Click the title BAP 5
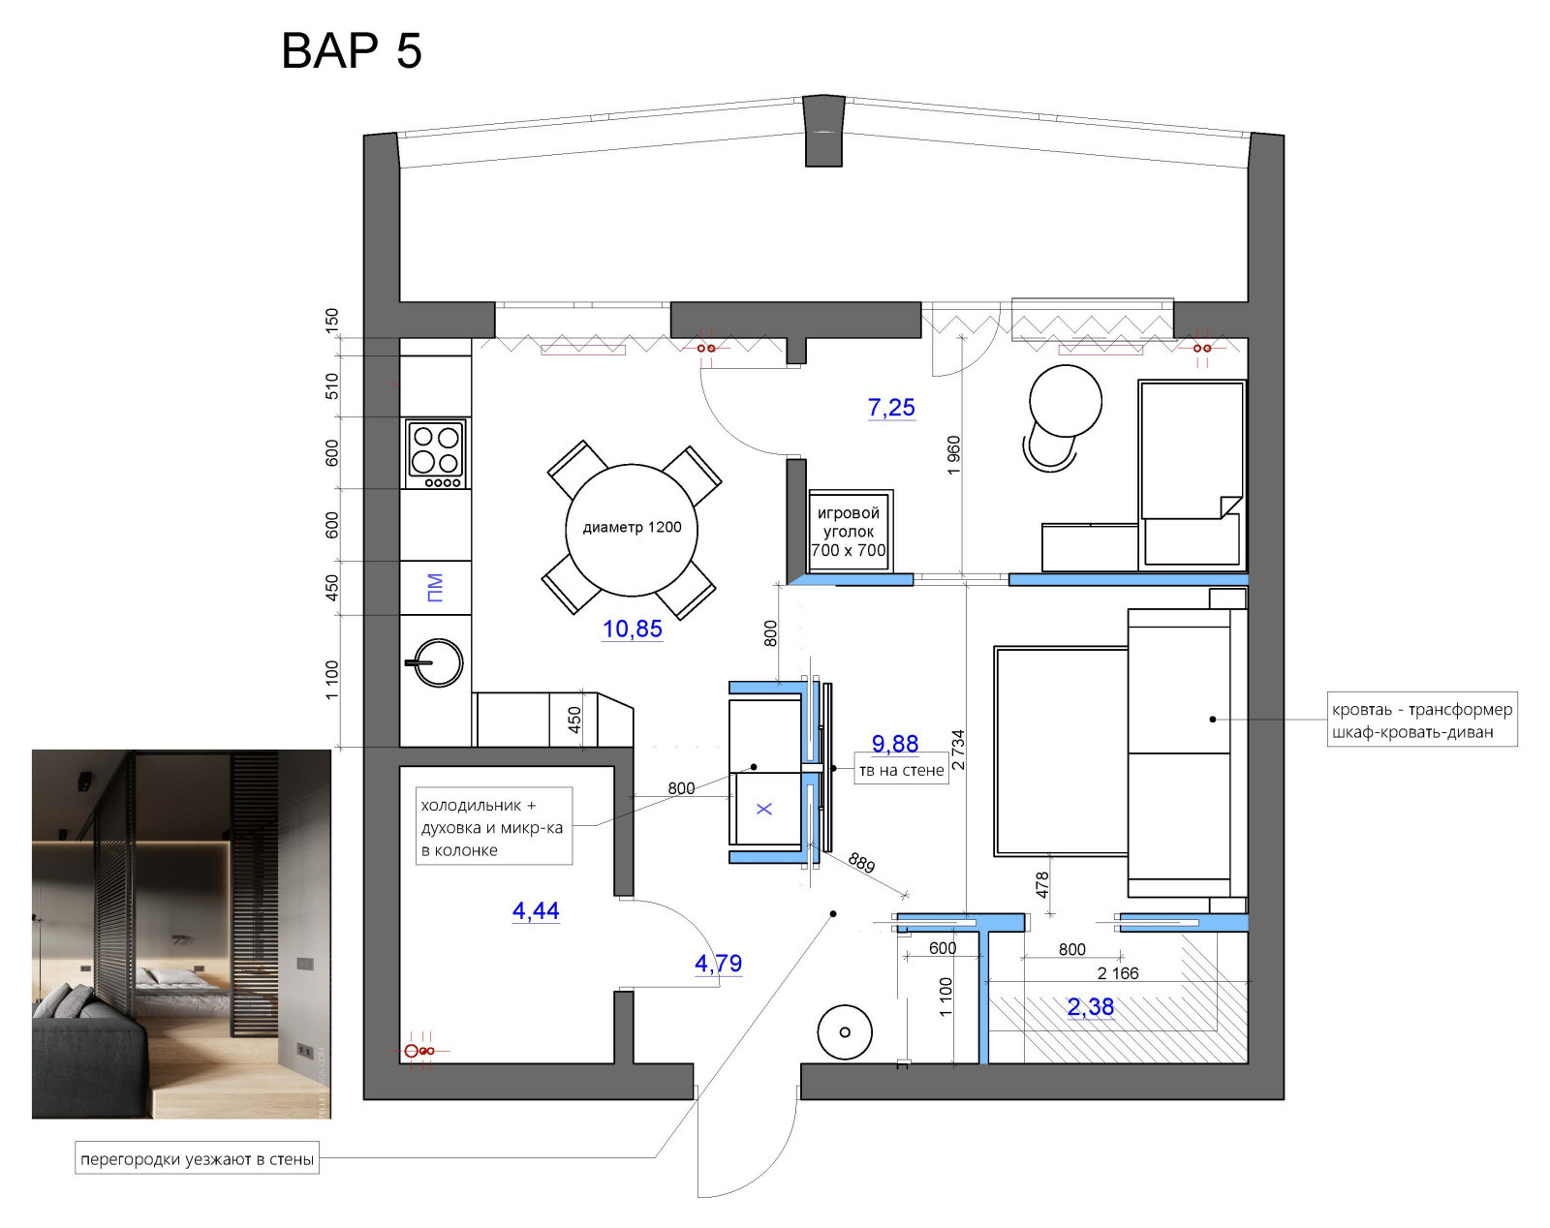[351, 50]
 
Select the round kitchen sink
[437, 662]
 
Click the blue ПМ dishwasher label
[435, 588]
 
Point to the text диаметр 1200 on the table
[632, 527]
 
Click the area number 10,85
[633, 629]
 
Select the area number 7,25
[891, 408]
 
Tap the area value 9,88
[895, 743]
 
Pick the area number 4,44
[535, 911]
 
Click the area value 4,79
[718, 963]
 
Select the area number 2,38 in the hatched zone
[1091, 1007]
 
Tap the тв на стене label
[901, 770]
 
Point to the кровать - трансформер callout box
[1422, 721]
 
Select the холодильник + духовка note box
[493, 826]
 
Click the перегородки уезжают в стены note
[197, 1159]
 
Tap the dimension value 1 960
[953, 455]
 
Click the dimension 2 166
[1118, 973]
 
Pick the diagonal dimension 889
[862, 863]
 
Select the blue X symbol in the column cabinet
[764, 809]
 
